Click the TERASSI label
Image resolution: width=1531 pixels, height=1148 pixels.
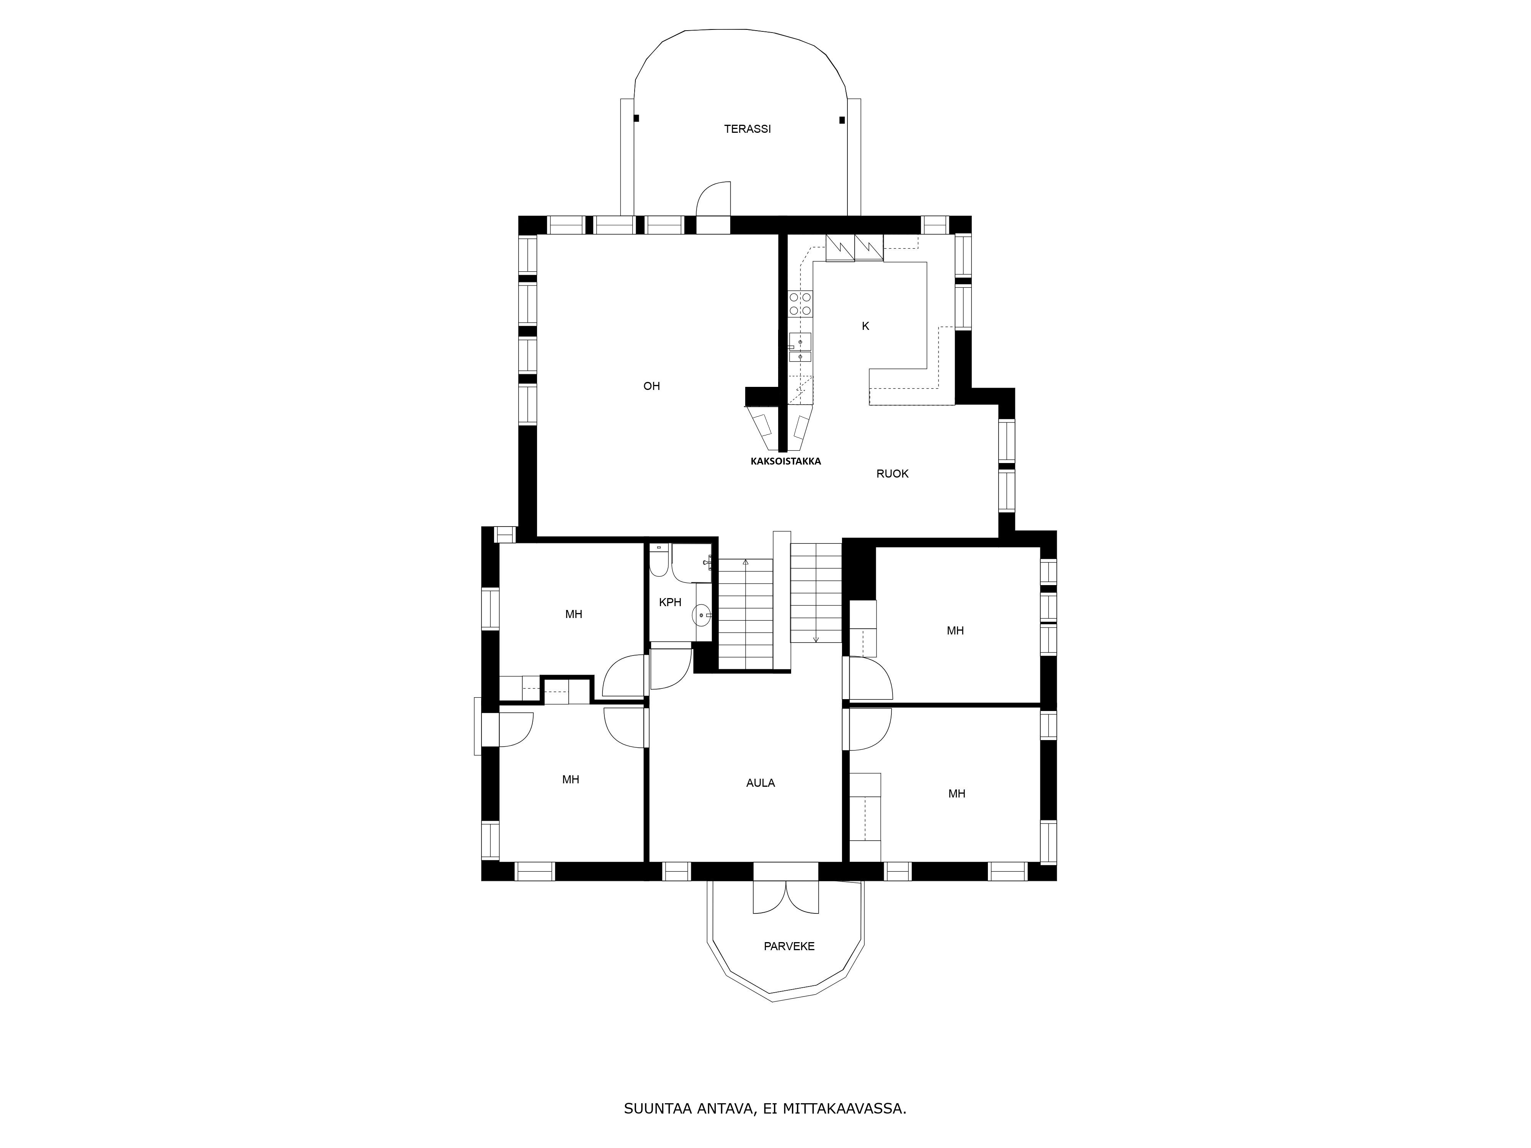[x=748, y=129]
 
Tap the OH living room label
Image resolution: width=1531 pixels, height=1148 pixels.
[x=651, y=386]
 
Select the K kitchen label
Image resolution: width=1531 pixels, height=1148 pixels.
[x=865, y=326]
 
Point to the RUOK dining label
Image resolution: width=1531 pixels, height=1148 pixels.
[x=892, y=474]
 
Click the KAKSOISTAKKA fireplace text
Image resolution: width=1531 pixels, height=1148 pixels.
[x=785, y=461]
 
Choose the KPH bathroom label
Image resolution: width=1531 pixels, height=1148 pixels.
[x=670, y=603]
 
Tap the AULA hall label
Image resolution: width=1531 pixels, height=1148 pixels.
[x=761, y=783]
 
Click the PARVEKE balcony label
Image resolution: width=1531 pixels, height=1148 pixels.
[x=789, y=946]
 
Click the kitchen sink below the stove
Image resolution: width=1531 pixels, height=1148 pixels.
[x=800, y=348]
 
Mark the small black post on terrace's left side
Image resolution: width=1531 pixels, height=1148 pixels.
[x=636, y=118]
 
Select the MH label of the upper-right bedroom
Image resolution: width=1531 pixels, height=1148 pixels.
[x=955, y=630]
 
